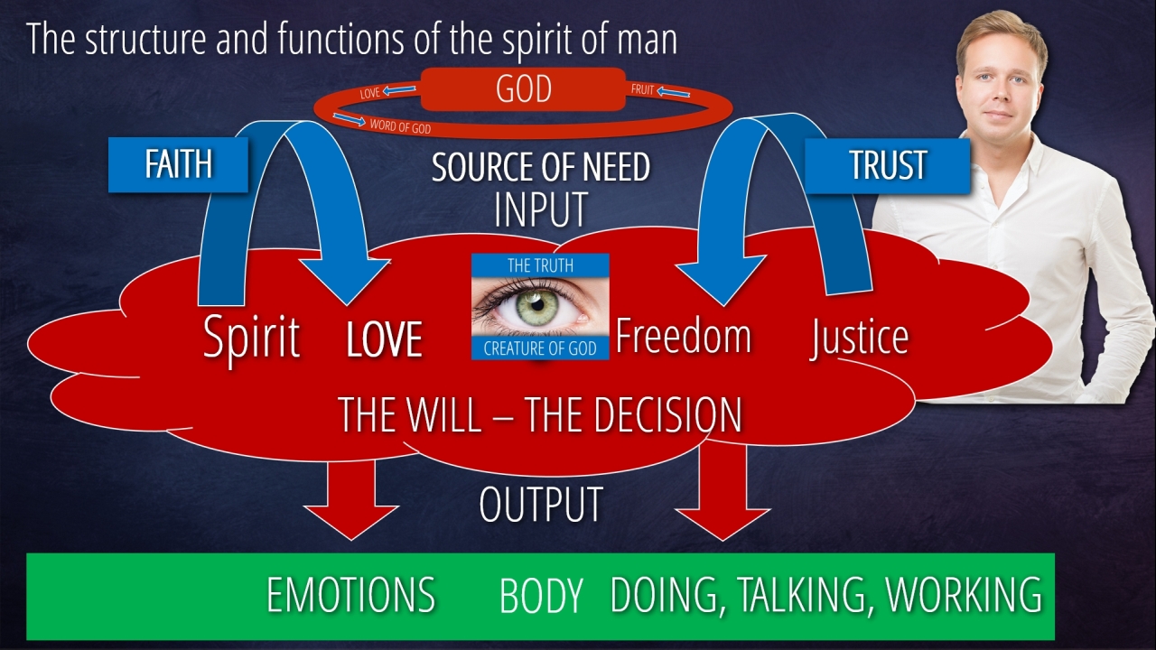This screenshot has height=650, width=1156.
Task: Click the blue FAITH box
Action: point(178,164)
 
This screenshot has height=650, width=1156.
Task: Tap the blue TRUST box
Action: point(887,165)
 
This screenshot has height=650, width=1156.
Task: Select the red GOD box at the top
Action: point(523,89)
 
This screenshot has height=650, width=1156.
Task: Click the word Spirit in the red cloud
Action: point(251,338)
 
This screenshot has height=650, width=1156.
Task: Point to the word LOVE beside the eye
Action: point(385,340)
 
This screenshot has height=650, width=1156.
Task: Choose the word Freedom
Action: point(683,336)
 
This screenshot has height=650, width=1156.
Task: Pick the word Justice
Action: point(859,337)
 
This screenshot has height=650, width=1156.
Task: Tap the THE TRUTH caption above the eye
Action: point(540,265)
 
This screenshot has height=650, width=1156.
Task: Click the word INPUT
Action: point(541,209)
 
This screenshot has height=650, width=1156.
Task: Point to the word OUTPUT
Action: point(540,505)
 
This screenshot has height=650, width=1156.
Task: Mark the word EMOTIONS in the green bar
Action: point(351,596)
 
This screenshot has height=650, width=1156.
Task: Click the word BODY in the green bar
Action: point(540,597)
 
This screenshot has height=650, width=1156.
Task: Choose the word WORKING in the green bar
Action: point(964,595)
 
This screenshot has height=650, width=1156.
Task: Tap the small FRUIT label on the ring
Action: point(642,90)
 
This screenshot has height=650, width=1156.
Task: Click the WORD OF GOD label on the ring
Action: point(400,128)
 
